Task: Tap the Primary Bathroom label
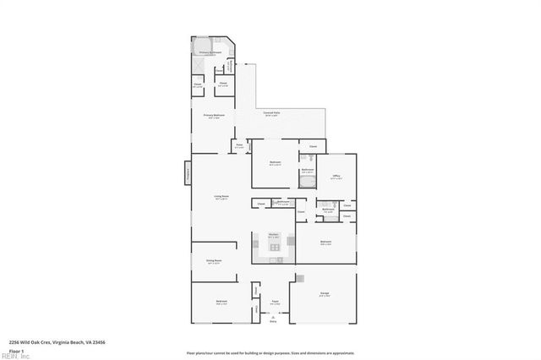coord(210,52)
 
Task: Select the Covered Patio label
coord(271,113)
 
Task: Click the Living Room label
coord(221,198)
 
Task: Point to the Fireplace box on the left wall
coord(188,174)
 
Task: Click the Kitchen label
coord(274,236)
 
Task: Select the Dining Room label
coord(214,262)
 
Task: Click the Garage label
coord(324,295)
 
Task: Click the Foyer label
coord(274,303)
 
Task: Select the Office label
coord(336,176)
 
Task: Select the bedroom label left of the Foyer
coord(220,302)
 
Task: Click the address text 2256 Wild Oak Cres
coord(56,341)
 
